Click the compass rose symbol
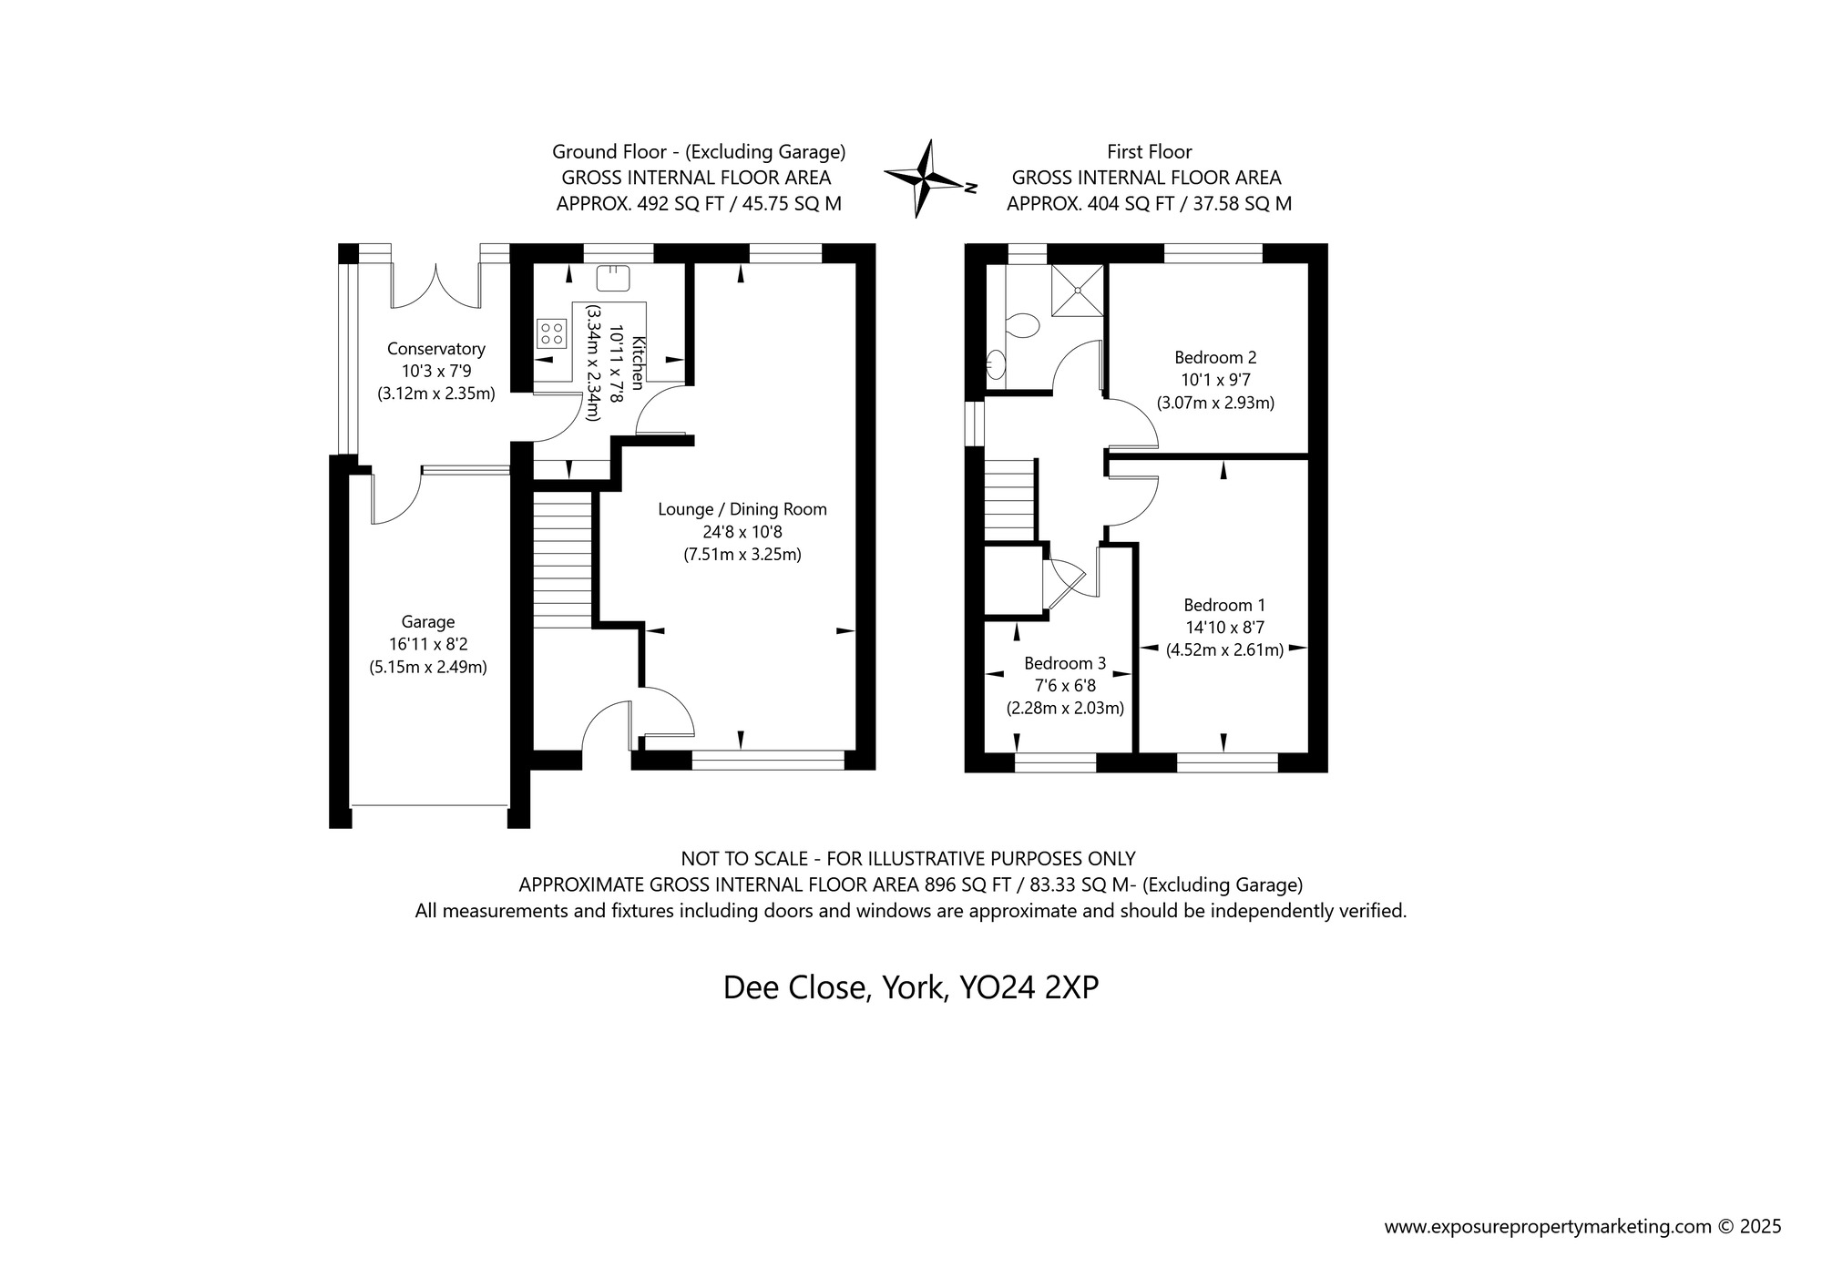[x=925, y=179]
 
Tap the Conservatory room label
[x=435, y=349]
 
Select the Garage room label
[x=427, y=622]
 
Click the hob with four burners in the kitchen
[x=550, y=332]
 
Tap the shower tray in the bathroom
[x=1078, y=290]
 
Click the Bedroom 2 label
[x=1215, y=357]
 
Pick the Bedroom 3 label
[x=1064, y=663]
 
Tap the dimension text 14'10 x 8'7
[x=1224, y=628]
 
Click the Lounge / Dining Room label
[x=742, y=509]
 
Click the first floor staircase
[x=1009, y=500]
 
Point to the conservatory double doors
[x=436, y=286]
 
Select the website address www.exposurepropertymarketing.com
[x=1548, y=1227]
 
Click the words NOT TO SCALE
[x=744, y=858]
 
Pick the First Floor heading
[x=1149, y=151]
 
